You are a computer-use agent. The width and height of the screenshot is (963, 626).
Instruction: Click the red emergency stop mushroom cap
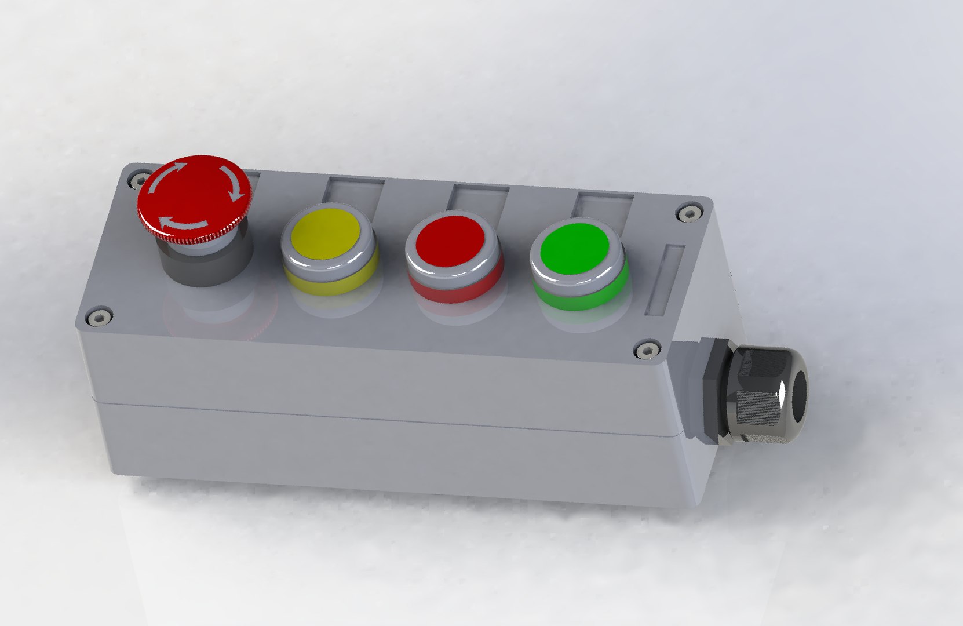coord(194,194)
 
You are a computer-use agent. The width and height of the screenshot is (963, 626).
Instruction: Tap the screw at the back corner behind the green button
coord(689,213)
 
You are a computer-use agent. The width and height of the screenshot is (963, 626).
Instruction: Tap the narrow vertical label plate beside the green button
coord(665,280)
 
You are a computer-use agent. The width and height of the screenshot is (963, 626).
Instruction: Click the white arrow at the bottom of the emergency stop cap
coord(183,223)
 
